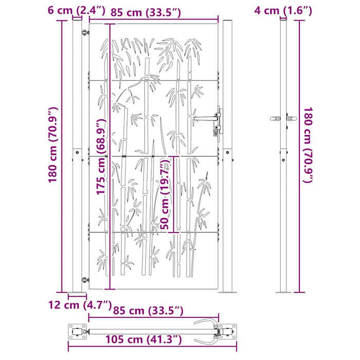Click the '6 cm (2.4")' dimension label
tap(77, 10)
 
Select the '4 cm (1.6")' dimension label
tap(282, 10)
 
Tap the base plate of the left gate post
tap(78, 293)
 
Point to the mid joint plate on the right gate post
tap(227, 153)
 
